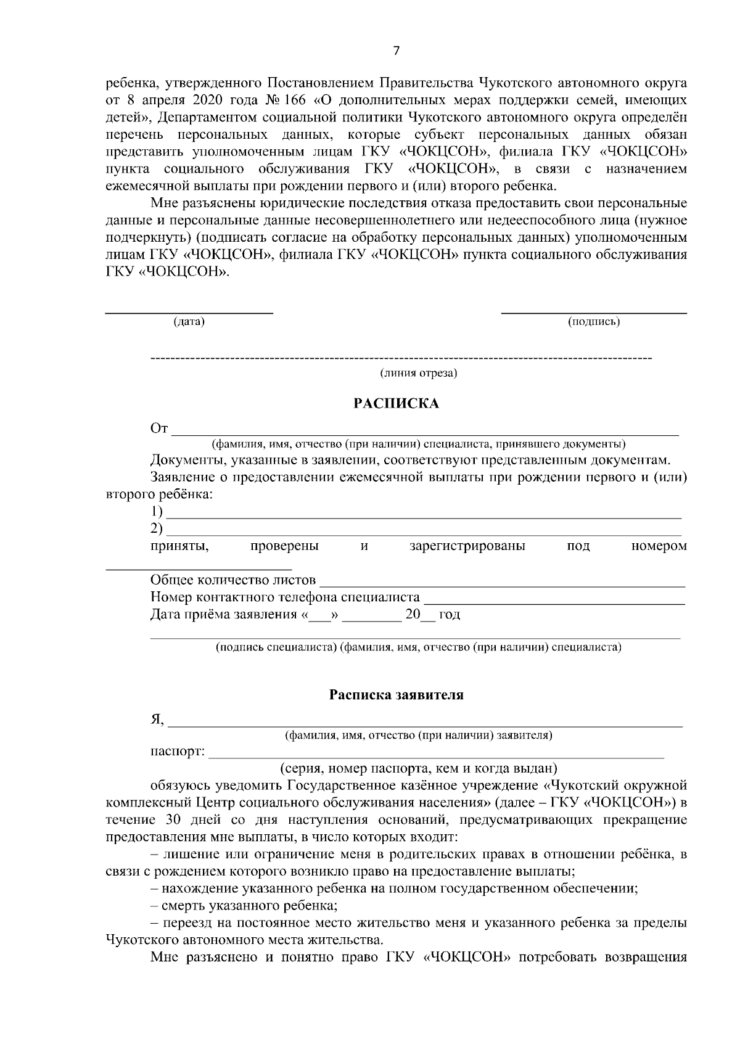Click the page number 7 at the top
[x=396, y=51]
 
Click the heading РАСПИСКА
[x=396, y=404]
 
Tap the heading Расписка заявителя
[x=396, y=695]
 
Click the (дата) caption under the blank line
[x=189, y=321]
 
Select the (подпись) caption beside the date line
[x=593, y=321]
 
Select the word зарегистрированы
[x=467, y=546]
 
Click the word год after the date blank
[x=449, y=615]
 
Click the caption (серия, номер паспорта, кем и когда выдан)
[x=419, y=768]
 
